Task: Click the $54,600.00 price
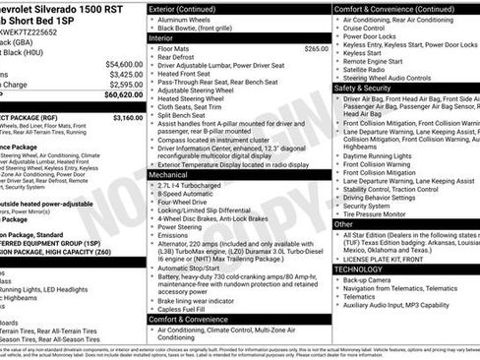click(x=123, y=63)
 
